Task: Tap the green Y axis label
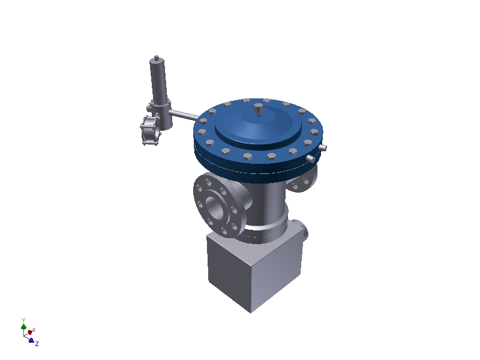point(23,320)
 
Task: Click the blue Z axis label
point(37,344)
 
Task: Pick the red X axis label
point(34,329)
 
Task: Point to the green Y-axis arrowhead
point(23,327)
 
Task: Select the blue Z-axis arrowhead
point(31,340)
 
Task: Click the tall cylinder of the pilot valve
point(158,81)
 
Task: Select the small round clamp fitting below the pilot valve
point(148,130)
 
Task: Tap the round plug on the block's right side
point(304,230)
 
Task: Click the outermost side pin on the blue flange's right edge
point(323,148)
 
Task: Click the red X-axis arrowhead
point(29,332)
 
